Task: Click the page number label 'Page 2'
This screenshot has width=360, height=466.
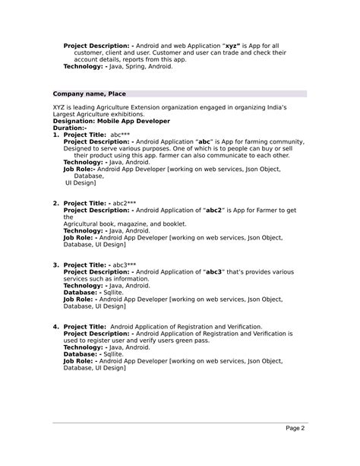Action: (x=295, y=428)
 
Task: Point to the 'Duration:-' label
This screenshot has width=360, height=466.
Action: (x=69, y=128)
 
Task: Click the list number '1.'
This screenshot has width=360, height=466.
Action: (x=56, y=135)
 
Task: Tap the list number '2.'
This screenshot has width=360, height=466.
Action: (x=56, y=203)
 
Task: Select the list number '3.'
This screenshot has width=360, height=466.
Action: (x=56, y=265)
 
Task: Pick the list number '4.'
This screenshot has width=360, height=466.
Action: (x=56, y=326)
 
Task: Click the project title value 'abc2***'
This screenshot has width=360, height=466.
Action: (x=125, y=203)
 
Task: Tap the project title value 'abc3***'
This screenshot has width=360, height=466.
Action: (x=125, y=265)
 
